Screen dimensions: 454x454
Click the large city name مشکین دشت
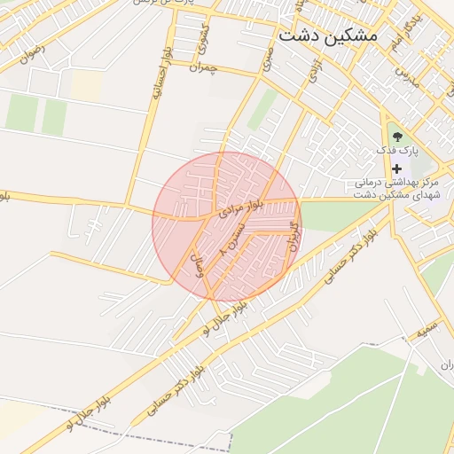point(327,35)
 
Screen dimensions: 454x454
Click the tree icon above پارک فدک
point(396,136)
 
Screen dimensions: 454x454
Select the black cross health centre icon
point(396,168)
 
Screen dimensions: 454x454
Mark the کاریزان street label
point(294,234)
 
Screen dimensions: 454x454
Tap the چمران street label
point(203,68)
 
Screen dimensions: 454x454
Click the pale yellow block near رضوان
point(87,85)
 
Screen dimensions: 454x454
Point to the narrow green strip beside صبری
point(262,110)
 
